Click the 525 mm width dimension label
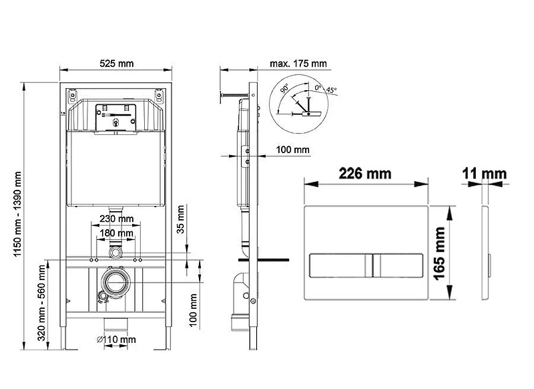pyautogui.click(x=116, y=63)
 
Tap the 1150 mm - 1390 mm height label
pyautogui.click(x=17, y=215)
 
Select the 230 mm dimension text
pyautogui.click(x=116, y=219)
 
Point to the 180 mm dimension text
pyautogui.click(x=116, y=233)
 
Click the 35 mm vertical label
pyautogui.click(x=180, y=219)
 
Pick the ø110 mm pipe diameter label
pyautogui.click(x=116, y=340)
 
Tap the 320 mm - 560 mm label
pyautogui.click(x=41, y=303)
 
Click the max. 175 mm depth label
pyautogui.click(x=298, y=63)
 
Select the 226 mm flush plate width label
pyautogui.click(x=365, y=174)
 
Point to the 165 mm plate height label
pyautogui.click(x=439, y=253)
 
